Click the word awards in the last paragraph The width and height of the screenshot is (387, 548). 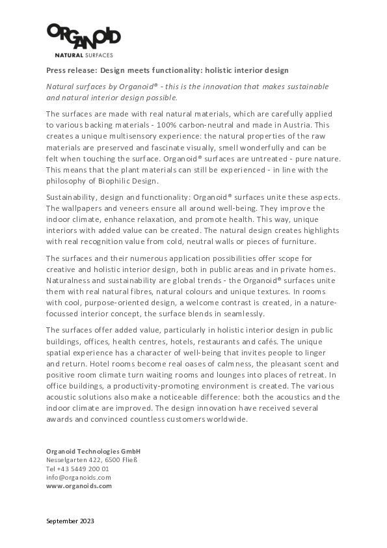pos(62,420)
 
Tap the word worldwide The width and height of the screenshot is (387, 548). pos(226,420)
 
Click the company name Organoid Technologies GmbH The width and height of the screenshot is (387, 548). pos(93,451)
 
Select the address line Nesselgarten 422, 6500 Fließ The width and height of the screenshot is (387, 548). pos(91,459)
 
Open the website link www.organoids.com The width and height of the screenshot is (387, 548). pos(79,486)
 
